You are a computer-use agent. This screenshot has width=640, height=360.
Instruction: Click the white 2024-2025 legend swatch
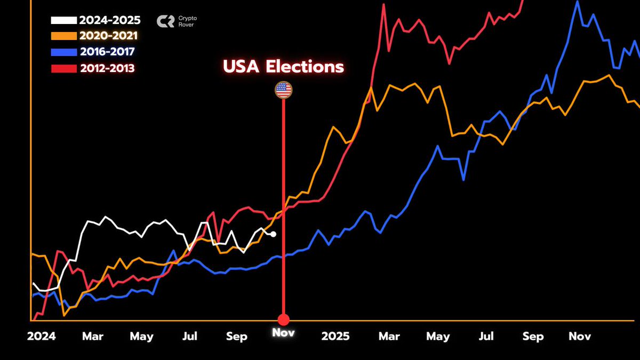point(63,21)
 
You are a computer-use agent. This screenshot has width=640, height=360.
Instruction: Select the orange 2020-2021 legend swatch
point(63,36)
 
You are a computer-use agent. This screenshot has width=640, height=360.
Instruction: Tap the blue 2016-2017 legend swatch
point(63,52)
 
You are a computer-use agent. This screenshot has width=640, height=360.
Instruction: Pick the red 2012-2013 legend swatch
point(63,68)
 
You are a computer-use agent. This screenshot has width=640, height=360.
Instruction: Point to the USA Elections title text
point(283,67)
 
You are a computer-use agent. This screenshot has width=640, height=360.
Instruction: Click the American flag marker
point(283,90)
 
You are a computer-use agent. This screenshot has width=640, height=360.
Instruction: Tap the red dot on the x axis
point(283,319)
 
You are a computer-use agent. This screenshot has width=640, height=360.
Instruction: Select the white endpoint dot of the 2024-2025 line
point(273,234)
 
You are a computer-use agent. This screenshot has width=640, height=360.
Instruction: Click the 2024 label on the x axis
point(42,337)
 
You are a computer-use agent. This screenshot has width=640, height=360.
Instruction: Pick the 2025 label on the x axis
point(335,337)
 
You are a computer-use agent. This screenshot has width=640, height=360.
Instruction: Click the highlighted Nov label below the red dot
point(283,333)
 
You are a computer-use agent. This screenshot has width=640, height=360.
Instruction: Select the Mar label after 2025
point(389,337)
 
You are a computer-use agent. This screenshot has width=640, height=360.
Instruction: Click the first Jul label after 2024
point(190,337)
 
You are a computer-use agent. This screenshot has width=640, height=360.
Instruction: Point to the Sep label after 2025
point(533,337)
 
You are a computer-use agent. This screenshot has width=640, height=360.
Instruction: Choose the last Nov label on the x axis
point(580,337)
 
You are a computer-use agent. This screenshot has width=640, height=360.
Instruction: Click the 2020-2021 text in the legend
point(108,36)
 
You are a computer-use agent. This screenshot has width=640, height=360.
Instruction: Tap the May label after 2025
point(438,337)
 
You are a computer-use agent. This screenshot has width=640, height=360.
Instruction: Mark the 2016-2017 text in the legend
point(107,52)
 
